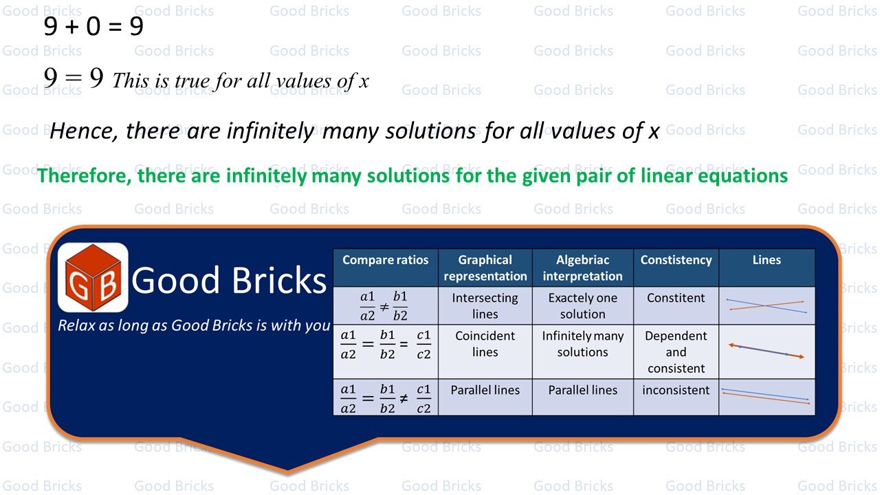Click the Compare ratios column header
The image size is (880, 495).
click(386, 260)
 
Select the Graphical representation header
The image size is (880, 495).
click(485, 268)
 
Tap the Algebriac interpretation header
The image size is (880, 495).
click(582, 268)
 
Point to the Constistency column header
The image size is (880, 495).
click(676, 260)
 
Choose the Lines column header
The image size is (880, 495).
click(767, 260)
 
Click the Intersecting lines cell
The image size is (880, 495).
click(485, 306)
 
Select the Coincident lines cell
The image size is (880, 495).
click(485, 344)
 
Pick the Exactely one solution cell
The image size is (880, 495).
click(582, 306)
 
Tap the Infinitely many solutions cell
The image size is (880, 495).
click(582, 344)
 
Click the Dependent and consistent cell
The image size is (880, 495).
click(676, 352)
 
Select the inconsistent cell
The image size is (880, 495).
click(676, 390)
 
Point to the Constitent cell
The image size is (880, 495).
click(676, 298)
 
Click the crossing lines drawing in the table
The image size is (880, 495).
click(767, 306)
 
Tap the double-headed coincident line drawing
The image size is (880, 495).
click(767, 351)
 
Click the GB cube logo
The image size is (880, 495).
click(93, 277)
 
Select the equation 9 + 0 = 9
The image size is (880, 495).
click(93, 27)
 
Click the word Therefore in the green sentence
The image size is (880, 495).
click(84, 175)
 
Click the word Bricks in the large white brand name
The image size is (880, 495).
click(279, 280)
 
